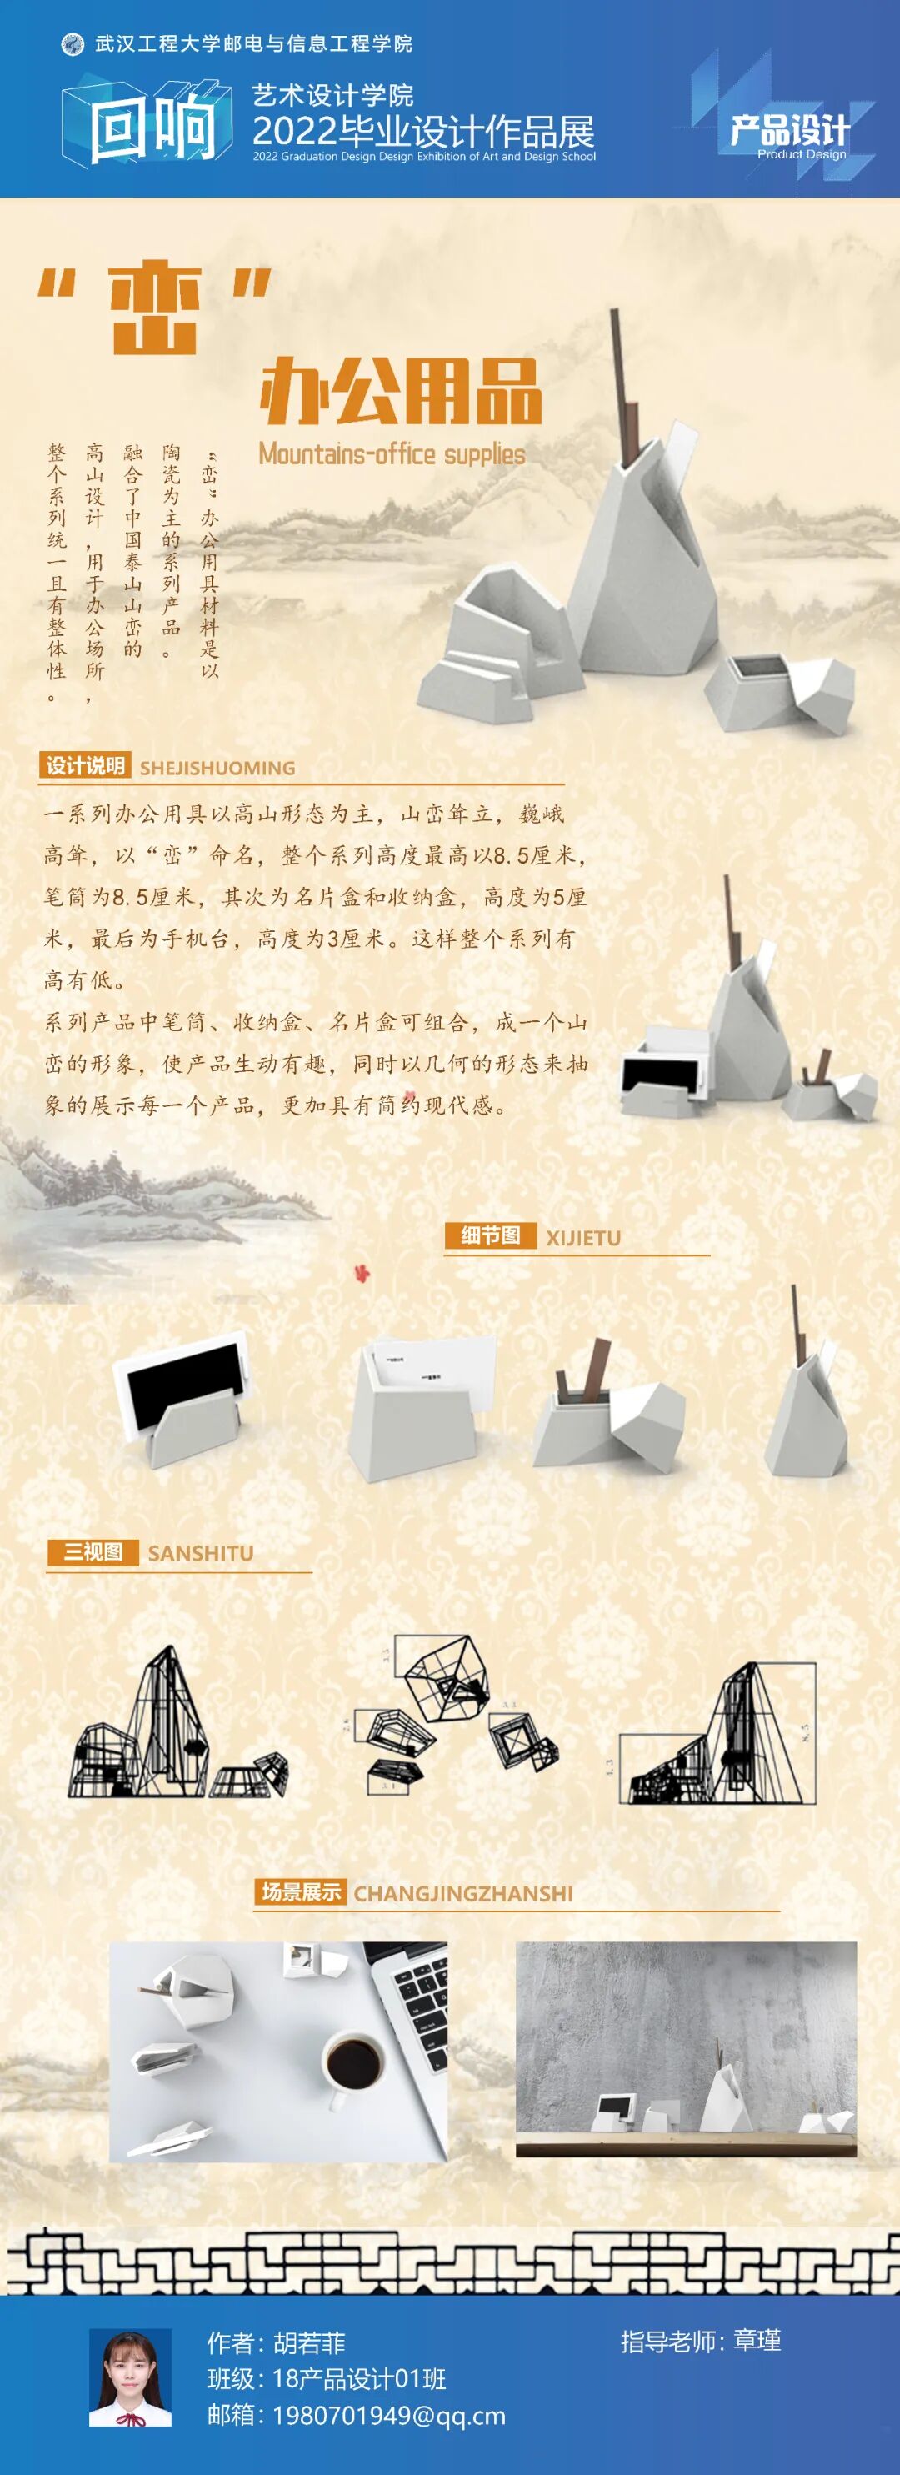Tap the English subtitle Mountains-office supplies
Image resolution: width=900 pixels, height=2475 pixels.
click(392, 453)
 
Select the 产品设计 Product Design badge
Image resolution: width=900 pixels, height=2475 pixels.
click(789, 134)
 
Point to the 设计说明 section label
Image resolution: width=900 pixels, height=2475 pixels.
click(86, 766)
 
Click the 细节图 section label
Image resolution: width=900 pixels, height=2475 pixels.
click(490, 1235)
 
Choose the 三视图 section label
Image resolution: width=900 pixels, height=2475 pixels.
click(93, 1551)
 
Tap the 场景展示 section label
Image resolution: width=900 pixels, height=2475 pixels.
click(301, 1891)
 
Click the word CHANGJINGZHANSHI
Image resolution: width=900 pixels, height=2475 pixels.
click(463, 1894)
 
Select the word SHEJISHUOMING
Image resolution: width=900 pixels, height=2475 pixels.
click(217, 768)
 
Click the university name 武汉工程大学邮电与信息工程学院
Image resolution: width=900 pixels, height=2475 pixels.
click(253, 43)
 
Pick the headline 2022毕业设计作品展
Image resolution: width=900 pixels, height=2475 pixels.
click(423, 131)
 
